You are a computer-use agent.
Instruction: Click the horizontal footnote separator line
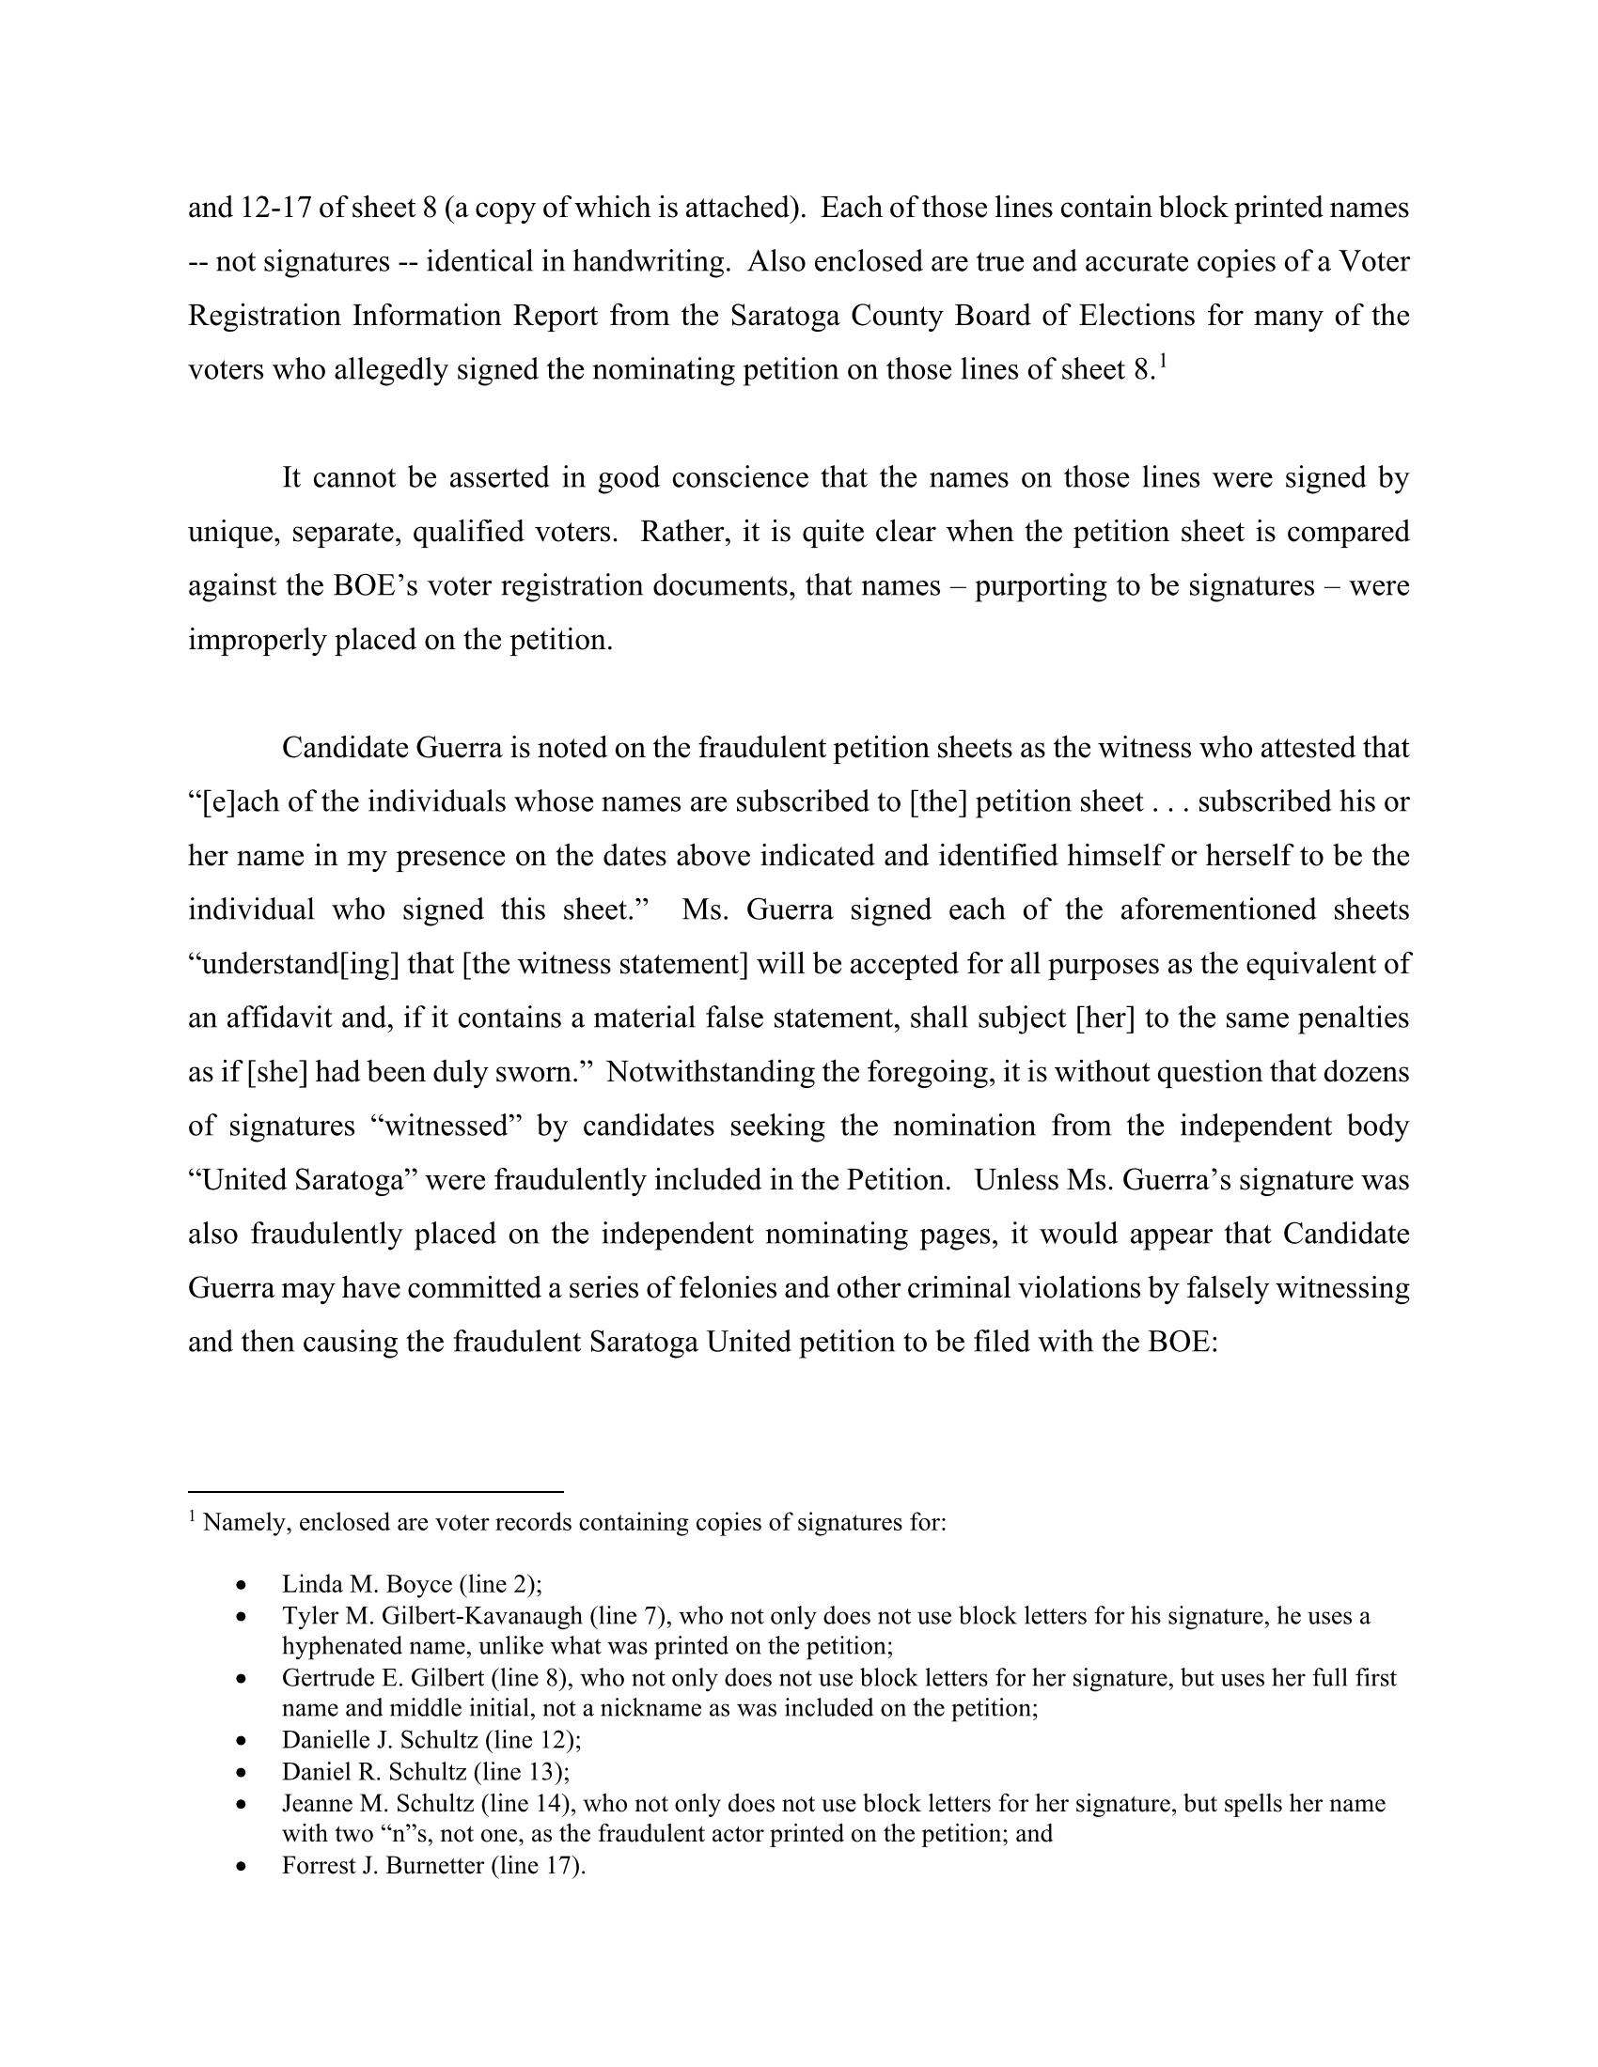pyautogui.click(x=376, y=1493)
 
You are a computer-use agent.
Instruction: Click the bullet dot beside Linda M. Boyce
pyautogui.click(x=243, y=1584)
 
